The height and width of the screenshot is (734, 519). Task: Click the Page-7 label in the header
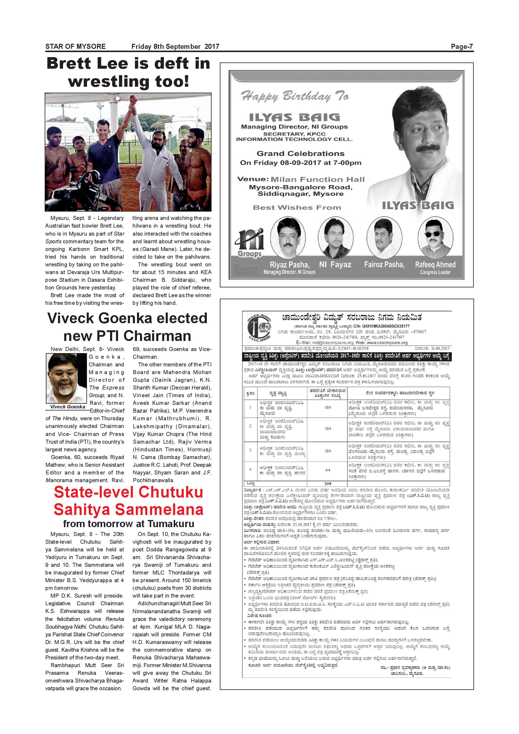tap(462, 47)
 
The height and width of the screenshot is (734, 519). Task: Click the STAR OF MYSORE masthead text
tap(75, 47)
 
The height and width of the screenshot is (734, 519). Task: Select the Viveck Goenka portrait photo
tap(67, 379)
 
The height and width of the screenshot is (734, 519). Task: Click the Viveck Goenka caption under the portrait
tap(67, 407)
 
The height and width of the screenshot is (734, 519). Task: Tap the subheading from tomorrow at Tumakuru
tap(128, 524)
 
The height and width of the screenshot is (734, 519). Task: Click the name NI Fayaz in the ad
tap(335, 265)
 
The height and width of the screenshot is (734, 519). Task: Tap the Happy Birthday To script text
tap(295, 96)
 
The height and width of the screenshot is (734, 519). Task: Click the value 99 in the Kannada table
tap(328, 470)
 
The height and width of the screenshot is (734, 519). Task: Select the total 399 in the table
tap(328, 484)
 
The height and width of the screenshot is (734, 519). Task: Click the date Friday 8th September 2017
tap(175, 47)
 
